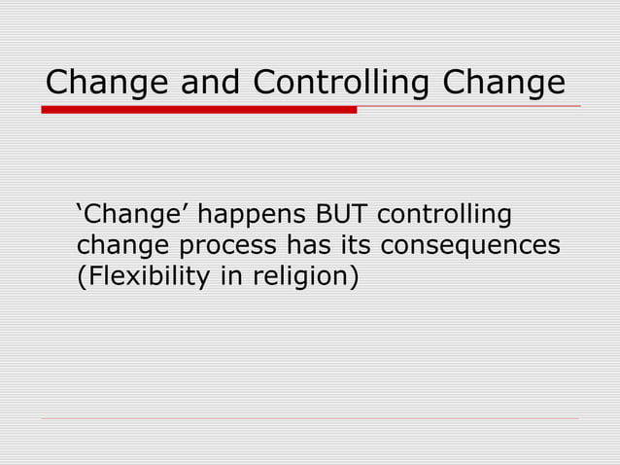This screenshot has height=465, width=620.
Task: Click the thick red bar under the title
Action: pos(199,110)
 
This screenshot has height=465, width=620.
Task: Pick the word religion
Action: pos(302,278)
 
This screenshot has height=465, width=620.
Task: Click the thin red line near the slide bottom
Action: pos(310,419)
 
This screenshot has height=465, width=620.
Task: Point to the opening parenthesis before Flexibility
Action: pos(81,278)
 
